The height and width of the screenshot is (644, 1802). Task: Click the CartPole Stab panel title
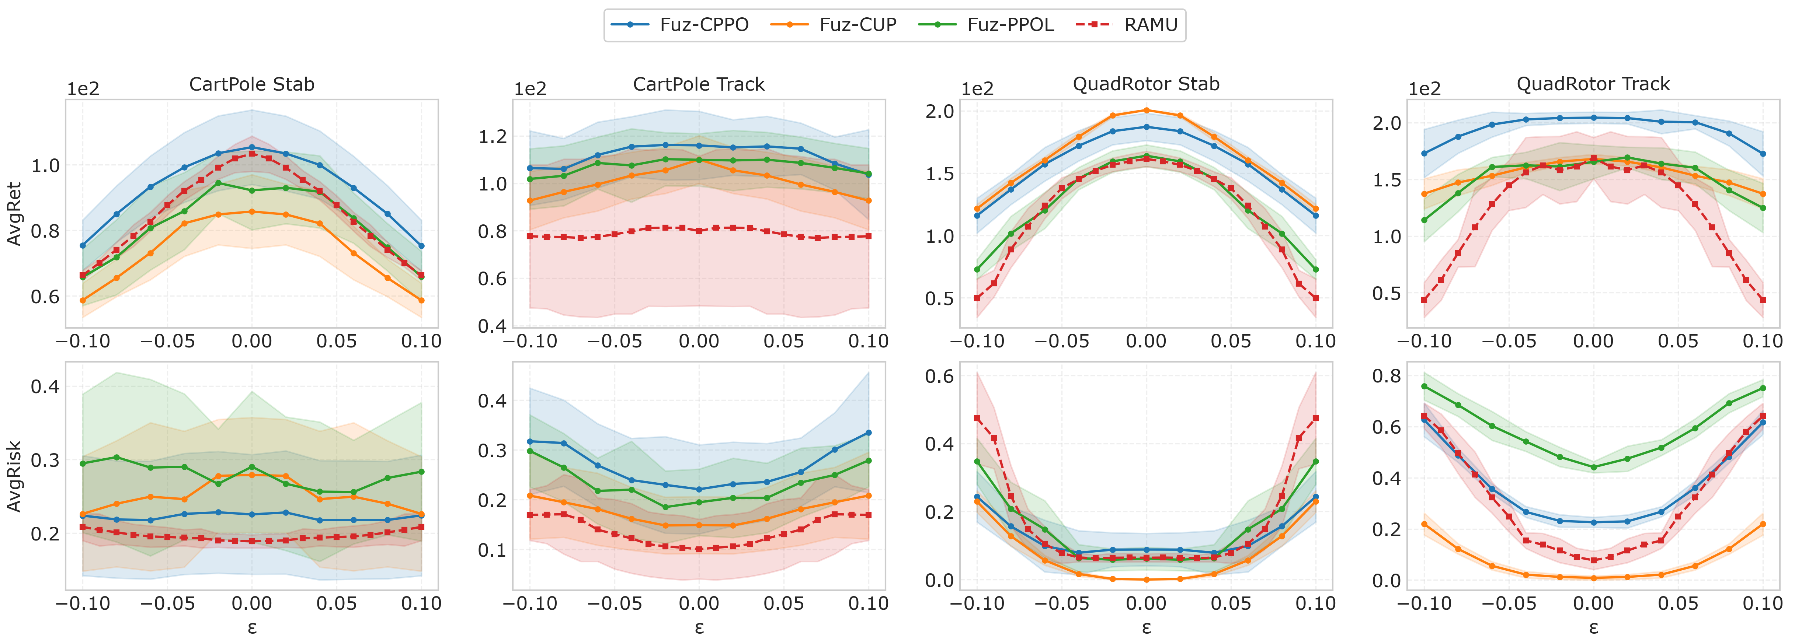[252, 85]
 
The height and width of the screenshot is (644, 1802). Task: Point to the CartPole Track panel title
[699, 85]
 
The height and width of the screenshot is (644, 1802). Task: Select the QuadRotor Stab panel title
[1146, 85]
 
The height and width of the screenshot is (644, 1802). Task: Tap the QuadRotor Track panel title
[1593, 85]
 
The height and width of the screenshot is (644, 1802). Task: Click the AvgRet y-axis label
[14, 214]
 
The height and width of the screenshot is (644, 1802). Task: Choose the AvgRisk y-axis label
[14, 476]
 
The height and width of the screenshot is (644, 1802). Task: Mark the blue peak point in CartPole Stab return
[252, 147]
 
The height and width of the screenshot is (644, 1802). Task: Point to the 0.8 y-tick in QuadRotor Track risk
[1387, 376]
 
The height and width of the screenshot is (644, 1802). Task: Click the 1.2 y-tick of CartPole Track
[493, 136]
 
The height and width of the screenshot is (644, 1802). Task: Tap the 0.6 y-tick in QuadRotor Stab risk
[939, 376]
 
